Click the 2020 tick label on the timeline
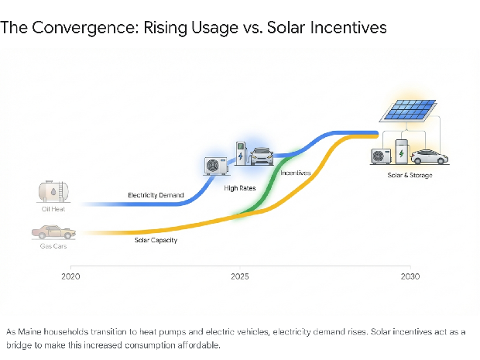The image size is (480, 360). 70,276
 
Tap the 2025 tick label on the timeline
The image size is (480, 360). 240,276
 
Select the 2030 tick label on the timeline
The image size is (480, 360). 410,276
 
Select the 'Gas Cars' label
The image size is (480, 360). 53,245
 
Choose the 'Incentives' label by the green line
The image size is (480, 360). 295,173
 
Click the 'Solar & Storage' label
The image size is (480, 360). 410,176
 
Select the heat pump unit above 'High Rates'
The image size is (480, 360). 214,166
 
